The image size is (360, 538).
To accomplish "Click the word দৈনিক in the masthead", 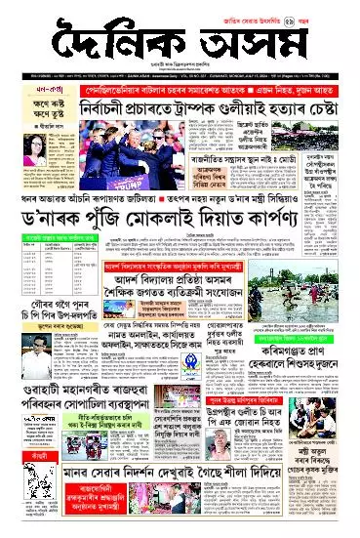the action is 117,41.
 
